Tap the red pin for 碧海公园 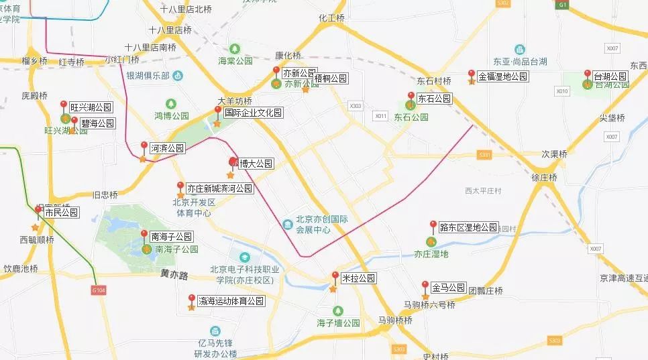click(74, 120)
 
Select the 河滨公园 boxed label click(167, 147)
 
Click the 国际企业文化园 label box click(253, 113)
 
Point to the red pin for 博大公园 click(233, 162)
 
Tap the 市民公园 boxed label click(61, 213)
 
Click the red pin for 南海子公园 click(144, 234)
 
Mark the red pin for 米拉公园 click(335, 276)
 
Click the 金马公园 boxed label click(449, 288)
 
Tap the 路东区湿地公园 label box click(468, 228)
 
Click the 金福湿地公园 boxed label click(502, 76)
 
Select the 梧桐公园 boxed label click(331, 78)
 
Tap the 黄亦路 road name click(174, 274)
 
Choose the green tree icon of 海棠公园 click(235, 49)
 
